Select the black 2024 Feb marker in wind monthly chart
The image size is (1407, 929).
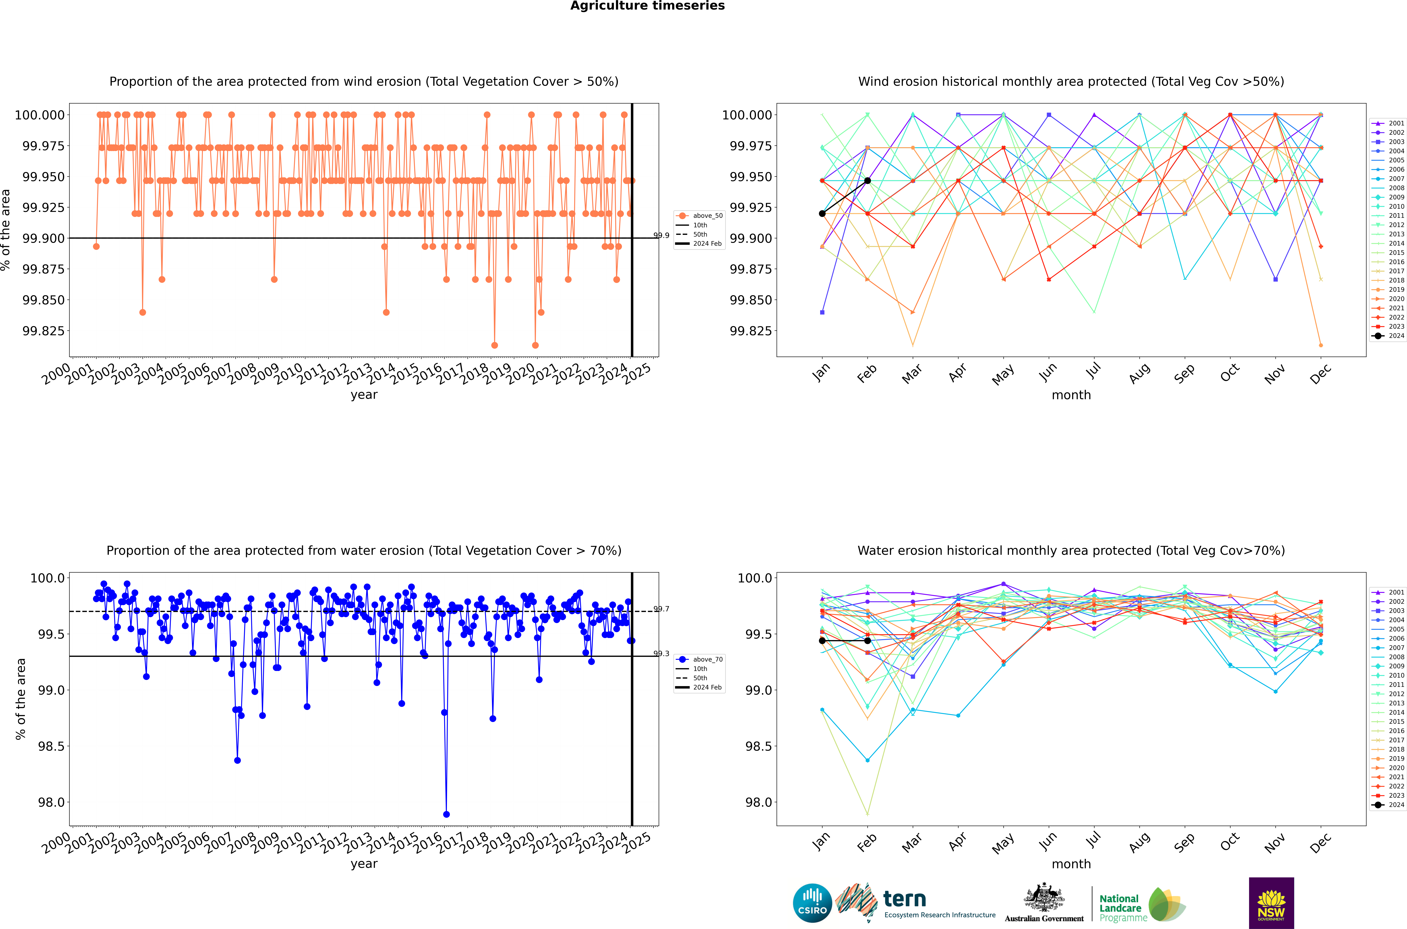click(867, 181)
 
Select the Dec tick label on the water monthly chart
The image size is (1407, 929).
click(1320, 842)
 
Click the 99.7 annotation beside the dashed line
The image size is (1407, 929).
click(661, 609)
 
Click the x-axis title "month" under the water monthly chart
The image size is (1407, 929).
click(1071, 864)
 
